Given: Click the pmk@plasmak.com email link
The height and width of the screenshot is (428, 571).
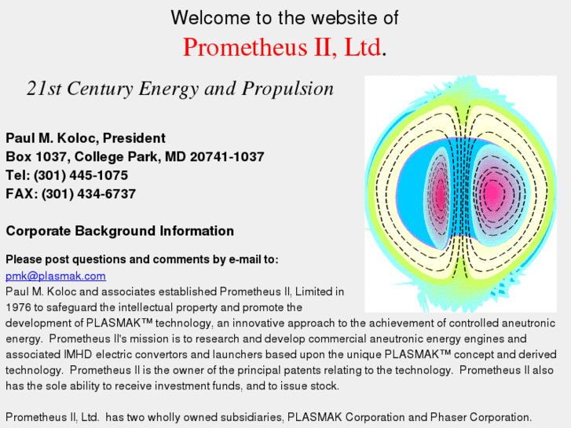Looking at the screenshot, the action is pyautogui.click(x=56, y=276).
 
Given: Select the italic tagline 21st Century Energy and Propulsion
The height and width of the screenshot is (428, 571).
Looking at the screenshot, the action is pyautogui.click(x=181, y=89).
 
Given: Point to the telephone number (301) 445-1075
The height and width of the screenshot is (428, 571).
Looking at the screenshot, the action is pyautogui.click(x=81, y=175).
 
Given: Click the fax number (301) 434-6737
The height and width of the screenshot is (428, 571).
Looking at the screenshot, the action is pyautogui.click(x=89, y=194).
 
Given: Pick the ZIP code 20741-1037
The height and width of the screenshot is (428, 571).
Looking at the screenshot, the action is pyautogui.click(x=227, y=156).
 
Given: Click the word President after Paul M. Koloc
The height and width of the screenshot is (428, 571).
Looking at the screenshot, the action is pyautogui.click(x=134, y=138).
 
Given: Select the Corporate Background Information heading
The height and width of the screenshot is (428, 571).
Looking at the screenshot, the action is pyautogui.click(x=120, y=231).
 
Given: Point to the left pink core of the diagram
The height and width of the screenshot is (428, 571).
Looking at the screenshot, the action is pyautogui.click(x=441, y=192).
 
